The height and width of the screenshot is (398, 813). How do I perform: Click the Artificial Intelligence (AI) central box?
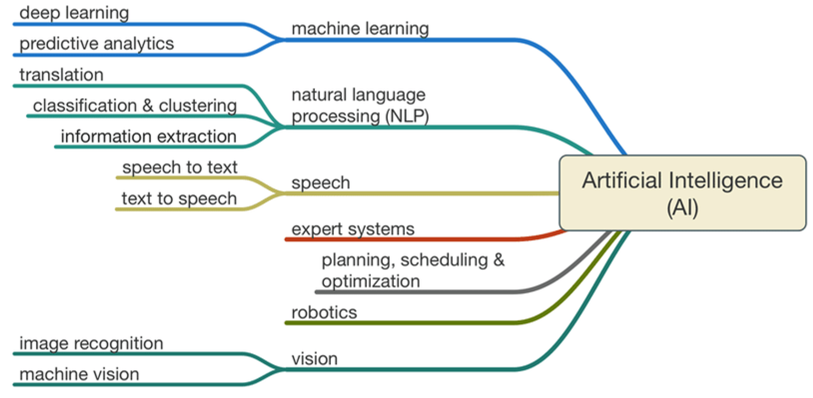coord(682,193)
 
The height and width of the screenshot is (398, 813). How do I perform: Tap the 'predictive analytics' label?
coord(96,44)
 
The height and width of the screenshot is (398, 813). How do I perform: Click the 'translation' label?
coord(61,75)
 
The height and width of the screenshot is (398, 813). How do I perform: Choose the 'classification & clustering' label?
coord(135,106)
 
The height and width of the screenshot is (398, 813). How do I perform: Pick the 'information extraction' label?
coord(149,137)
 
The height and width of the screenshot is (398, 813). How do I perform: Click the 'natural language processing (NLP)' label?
coord(360,106)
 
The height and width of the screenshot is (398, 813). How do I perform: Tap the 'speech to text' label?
coord(180,168)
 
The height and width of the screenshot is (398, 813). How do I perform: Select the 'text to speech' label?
coord(179,199)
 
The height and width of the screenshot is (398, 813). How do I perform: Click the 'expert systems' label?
coord(353,230)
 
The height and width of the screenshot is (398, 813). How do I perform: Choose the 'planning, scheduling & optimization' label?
coord(413,270)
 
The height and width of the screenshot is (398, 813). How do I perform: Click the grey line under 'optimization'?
coord(419,292)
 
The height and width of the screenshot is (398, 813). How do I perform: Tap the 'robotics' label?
coord(324,313)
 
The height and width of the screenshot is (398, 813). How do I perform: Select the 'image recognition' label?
coord(91,343)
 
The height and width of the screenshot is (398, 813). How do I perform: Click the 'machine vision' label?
coord(79,374)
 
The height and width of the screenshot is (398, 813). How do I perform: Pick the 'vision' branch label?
coord(314,359)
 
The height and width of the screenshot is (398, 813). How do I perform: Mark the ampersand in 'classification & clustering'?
coord(148,106)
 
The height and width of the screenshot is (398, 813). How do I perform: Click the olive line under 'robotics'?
coord(403,323)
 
